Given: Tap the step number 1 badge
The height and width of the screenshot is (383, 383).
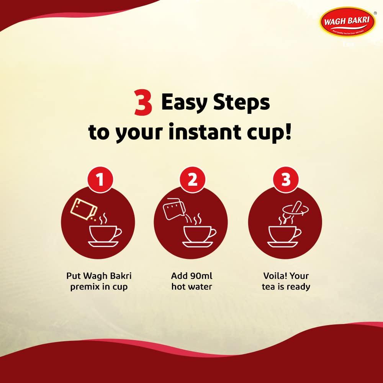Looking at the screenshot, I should pyautogui.click(x=100, y=180).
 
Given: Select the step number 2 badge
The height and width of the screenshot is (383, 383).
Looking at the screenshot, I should pyautogui.click(x=193, y=180).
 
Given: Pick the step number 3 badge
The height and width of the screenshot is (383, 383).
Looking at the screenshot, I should pyautogui.click(x=286, y=180).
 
